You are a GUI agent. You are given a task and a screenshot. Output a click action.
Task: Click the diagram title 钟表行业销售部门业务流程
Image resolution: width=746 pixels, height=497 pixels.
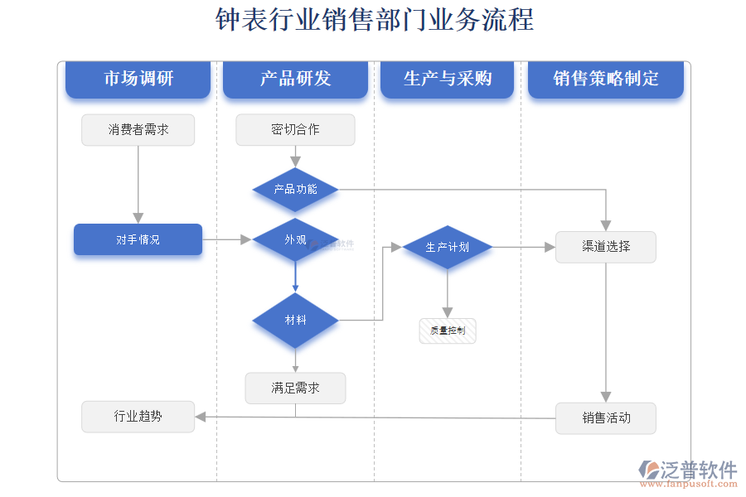coord(374,20)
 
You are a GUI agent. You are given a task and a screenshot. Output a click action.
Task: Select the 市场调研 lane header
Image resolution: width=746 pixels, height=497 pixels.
coord(138,79)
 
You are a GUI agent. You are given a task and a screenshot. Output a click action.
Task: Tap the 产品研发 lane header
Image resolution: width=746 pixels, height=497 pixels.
coord(295,79)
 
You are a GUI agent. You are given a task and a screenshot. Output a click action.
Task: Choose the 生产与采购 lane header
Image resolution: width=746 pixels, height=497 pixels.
coord(448,79)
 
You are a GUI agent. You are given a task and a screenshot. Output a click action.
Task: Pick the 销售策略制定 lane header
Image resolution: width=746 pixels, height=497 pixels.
coord(606,79)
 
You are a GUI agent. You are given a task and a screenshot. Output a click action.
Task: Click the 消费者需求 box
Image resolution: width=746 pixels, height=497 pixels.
coord(138,130)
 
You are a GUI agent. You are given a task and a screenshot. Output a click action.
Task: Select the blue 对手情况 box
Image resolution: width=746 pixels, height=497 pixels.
coord(138,239)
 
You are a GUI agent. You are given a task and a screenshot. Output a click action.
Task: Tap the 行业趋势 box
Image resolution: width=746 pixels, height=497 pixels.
coord(138,417)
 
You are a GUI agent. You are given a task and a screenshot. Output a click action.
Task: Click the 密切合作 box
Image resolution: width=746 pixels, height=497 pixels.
coord(295,130)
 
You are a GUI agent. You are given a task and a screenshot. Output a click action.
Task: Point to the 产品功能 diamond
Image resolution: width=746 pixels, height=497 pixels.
coord(295,190)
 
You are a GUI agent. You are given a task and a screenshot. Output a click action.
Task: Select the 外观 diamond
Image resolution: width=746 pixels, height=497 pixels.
coord(295,240)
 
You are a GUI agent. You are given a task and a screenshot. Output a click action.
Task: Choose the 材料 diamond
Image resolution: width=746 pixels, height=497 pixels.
coord(295,320)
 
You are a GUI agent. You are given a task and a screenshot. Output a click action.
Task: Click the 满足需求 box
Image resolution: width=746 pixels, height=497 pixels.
coord(295,388)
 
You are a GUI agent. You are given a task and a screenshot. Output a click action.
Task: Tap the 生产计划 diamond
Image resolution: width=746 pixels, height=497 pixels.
coord(448,247)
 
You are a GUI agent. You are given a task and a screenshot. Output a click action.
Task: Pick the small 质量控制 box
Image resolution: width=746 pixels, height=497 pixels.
coord(448,331)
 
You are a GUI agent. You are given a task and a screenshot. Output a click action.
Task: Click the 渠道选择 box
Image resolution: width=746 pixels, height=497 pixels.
coord(606,247)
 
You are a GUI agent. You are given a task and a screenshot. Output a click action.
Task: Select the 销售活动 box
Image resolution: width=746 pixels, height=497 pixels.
coord(606,418)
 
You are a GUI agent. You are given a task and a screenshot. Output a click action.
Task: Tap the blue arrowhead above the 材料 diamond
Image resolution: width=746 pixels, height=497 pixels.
coord(295,287)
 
